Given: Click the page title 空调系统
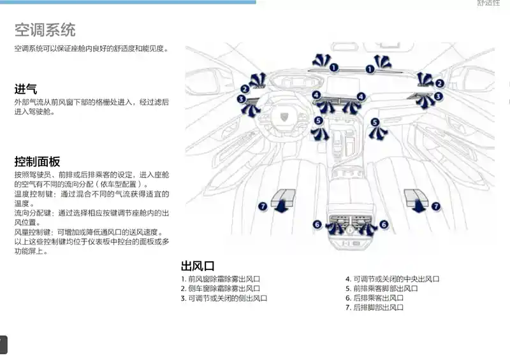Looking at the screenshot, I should [45, 29].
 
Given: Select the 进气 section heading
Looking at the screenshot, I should [26, 89].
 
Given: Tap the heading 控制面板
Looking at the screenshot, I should [37, 161].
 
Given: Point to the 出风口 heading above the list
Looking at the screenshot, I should [198, 266].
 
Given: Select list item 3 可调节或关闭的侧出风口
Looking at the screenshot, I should [224, 298].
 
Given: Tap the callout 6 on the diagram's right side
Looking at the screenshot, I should [384, 224].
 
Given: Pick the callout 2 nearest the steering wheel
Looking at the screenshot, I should [244, 89].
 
